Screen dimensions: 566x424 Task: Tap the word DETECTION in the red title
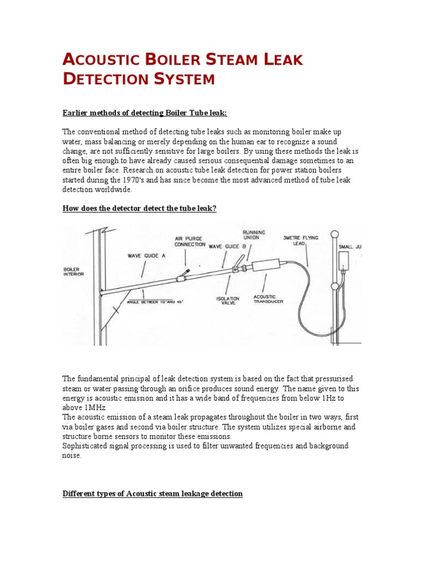(x=104, y=80)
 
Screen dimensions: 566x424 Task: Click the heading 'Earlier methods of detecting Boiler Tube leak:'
(x=145, y=113)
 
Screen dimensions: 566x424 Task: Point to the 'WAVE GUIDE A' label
(x=146, y=256)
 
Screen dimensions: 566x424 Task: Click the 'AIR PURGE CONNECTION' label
(x=190, y=242)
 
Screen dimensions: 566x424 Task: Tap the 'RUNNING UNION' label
(x=254, y=235)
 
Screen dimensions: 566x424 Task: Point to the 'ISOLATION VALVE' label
(x=227, y=301)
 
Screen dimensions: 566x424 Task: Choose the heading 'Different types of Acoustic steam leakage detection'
(x=152, y=493)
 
